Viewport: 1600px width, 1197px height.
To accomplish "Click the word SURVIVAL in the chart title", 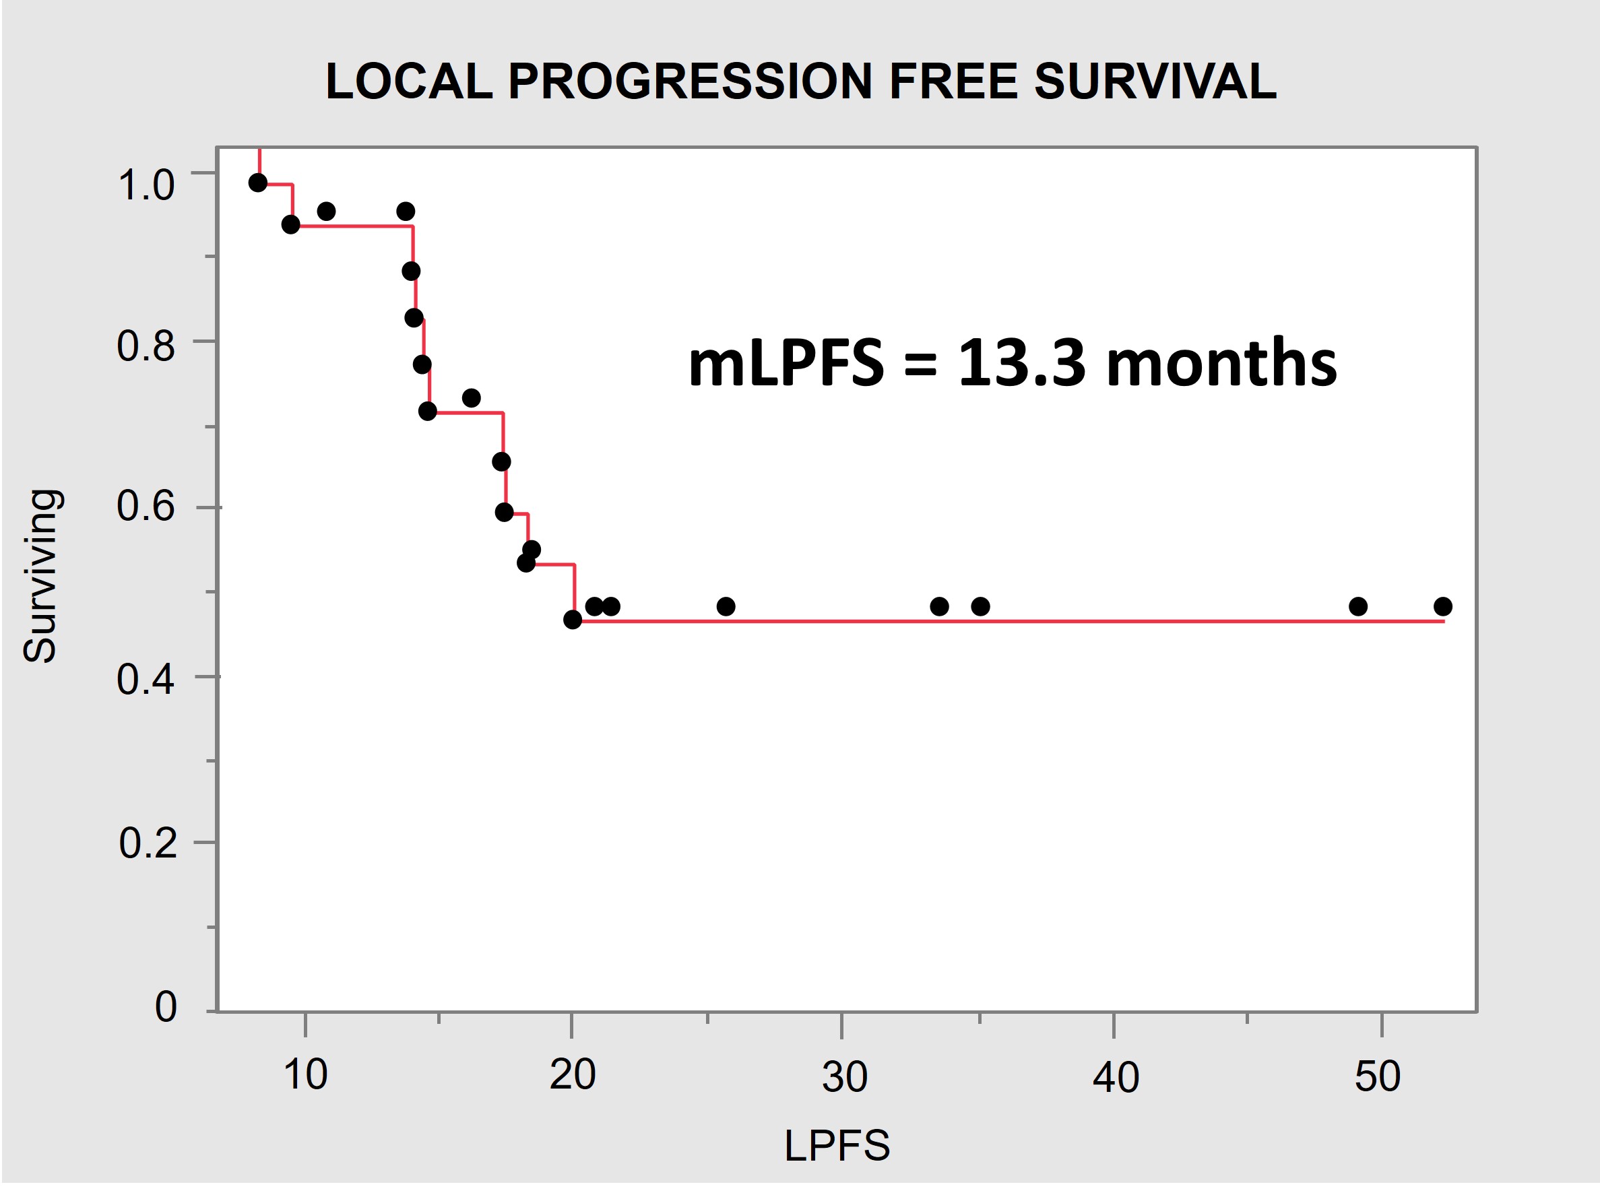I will [x=1155, y=81].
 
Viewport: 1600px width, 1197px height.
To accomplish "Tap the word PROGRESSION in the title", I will [x=691, y=81].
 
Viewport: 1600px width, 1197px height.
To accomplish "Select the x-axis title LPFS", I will [x=837, y=1145].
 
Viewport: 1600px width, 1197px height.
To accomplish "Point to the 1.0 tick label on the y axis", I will [x=146, y=185].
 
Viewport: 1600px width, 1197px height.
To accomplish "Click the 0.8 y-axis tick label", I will [x=146, y=346].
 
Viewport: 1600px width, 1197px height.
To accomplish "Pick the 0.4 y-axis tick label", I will [x=146, y=680].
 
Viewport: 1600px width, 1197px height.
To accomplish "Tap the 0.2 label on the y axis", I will [x=148, y=843].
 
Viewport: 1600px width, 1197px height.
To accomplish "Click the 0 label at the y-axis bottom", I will [x=166, y=1007].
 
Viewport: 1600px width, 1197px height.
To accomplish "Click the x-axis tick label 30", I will [x=844, y=1076].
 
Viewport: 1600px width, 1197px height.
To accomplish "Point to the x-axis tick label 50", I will [x=1377, y=1076].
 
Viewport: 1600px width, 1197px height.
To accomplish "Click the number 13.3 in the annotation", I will [x=1021, y=363].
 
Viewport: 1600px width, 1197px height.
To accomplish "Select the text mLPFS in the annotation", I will [x=786, y=363].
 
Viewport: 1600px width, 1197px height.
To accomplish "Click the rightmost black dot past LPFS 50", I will [x=1442, y=606].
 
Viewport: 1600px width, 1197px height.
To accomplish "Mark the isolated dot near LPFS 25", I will [x=726, y=606].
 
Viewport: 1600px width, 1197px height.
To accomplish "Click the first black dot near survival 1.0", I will [x=258, y=183].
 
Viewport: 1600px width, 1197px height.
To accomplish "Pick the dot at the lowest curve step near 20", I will [x=572, y=620].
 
